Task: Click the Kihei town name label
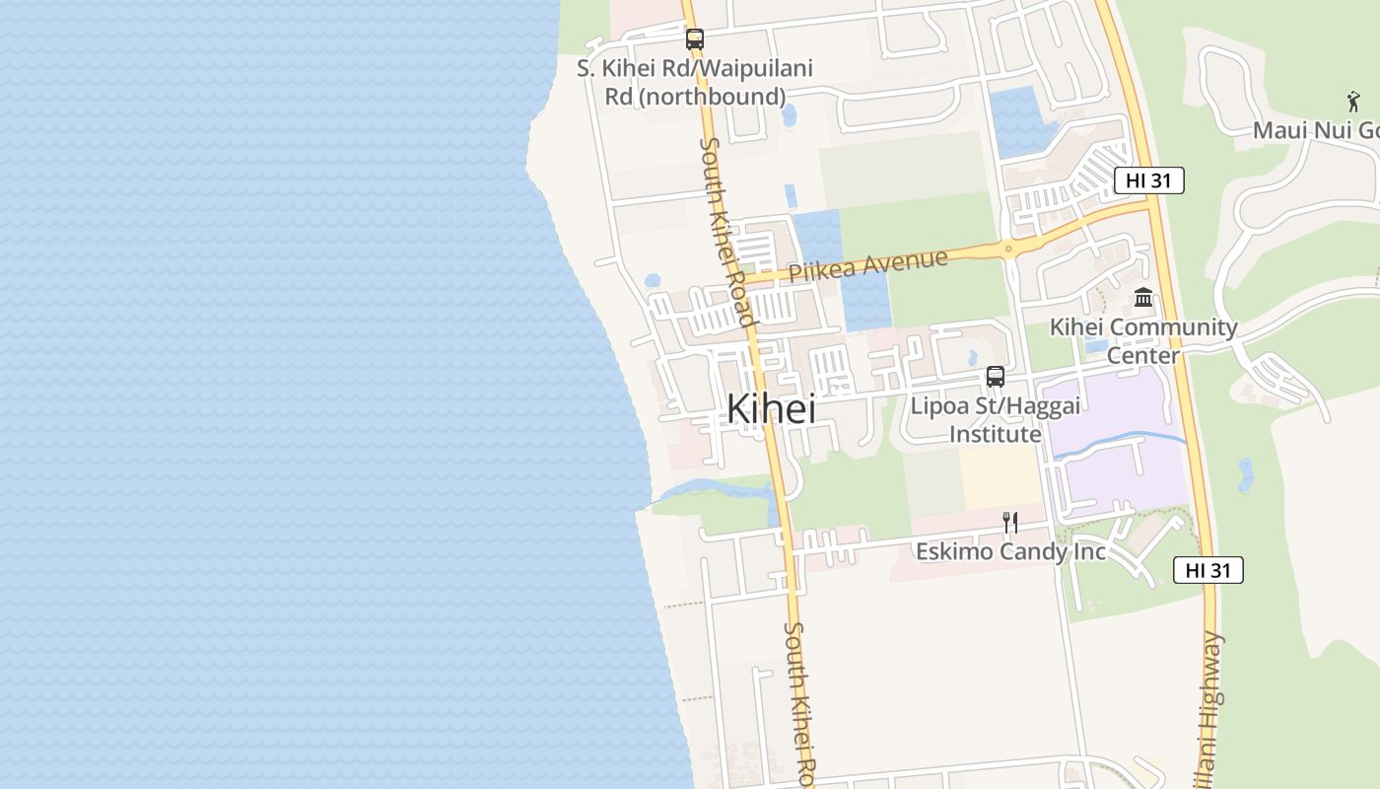(x=771, y=409)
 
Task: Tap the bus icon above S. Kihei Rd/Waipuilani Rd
(x=695, y=39)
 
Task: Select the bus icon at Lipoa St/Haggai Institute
(x=996, y=376)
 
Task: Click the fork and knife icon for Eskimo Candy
(x=1010, y=522)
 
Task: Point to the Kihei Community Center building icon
(x=1143, y=297)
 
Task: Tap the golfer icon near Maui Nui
(x=1353, y=101)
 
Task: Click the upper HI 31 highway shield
(x=1148, y=180)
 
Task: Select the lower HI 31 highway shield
(x=1207, y=570)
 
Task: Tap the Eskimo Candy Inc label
(x=1010, y=551)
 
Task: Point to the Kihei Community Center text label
(x=1143, y=340)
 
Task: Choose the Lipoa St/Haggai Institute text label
(x=995, y=420)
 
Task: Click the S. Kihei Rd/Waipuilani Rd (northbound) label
(x=695, y=83)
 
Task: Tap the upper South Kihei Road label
(x=726, y=232)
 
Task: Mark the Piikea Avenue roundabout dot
(x=1007, y=248)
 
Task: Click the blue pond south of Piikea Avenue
(x=866, y=301)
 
